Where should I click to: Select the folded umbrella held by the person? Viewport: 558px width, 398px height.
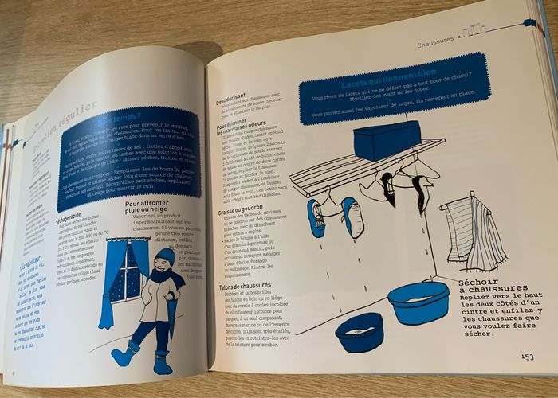pyautogui.click(x=173, y=319)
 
